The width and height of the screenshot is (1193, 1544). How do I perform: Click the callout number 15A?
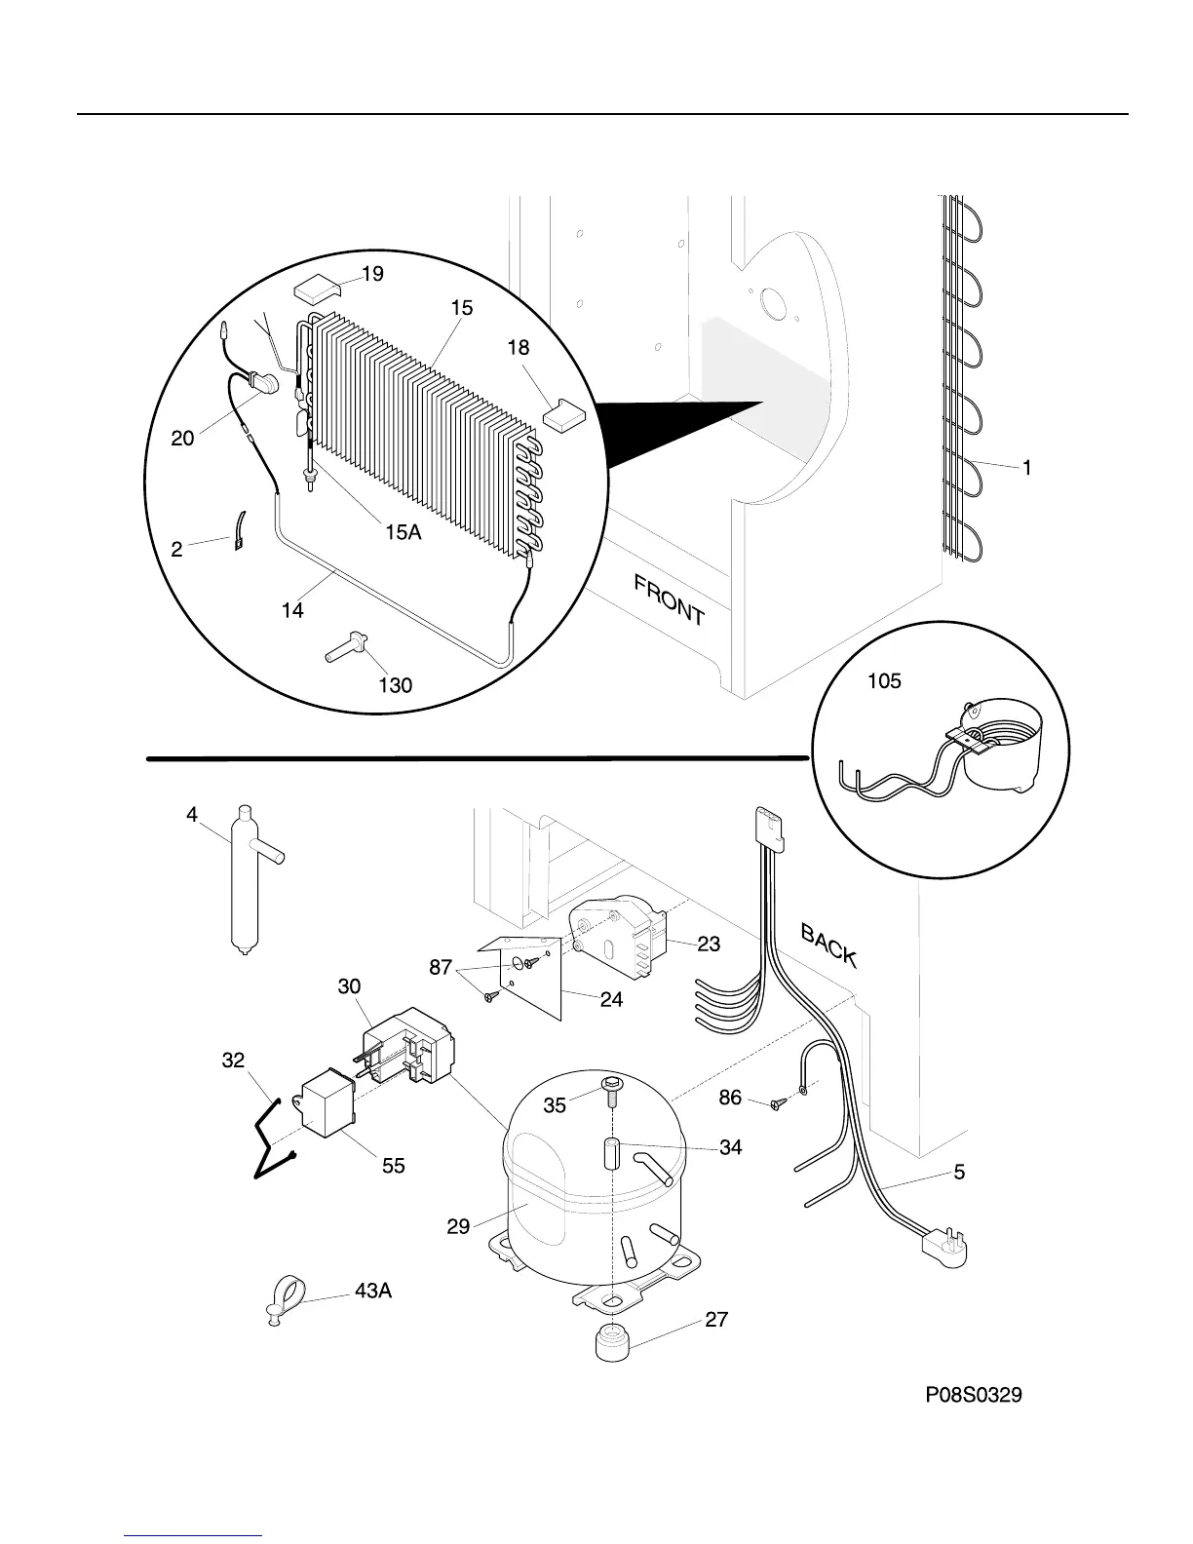[x=403, y=532]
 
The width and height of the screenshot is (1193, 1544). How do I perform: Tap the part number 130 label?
[x=396, y=685]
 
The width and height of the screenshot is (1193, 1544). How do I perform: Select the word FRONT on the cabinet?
[x=669, y=599]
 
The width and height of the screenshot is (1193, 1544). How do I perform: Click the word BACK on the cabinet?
[x=828, y=946]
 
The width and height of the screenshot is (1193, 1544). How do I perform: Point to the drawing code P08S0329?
[x=974, y=1396]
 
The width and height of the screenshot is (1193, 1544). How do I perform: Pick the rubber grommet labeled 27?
[x=612, y=1343]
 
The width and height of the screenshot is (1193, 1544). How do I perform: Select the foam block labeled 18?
[x=561, y=415]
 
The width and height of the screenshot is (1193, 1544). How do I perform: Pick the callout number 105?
[x=885, y=681]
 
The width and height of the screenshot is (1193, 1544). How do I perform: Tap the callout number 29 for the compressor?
[x=459, y=1226]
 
